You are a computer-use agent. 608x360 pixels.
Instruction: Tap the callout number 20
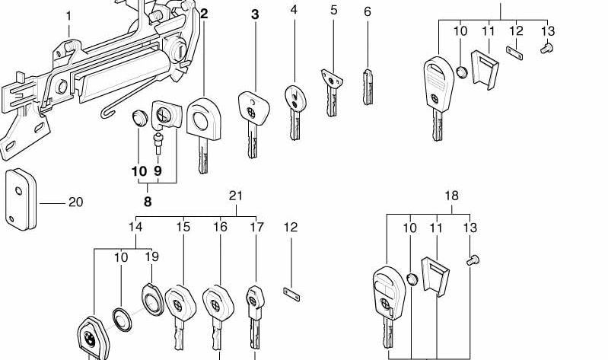tap(75, 202)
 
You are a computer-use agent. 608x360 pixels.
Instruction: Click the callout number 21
tap(236, 196)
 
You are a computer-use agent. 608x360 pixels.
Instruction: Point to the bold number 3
tap(255, 14)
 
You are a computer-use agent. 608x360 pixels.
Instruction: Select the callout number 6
tap(368, 11)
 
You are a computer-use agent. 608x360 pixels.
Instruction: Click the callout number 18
tap(452, 196)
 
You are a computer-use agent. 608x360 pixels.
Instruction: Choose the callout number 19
tap(151, 257)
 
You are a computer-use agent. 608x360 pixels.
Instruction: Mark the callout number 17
tap(256, 227)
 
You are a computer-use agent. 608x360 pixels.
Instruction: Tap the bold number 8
tap(148, 202)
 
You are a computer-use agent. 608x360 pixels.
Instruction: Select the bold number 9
tap(158, 171)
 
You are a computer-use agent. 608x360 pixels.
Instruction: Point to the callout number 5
tap(333, 11)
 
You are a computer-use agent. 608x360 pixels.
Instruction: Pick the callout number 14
tap(135, 227)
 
